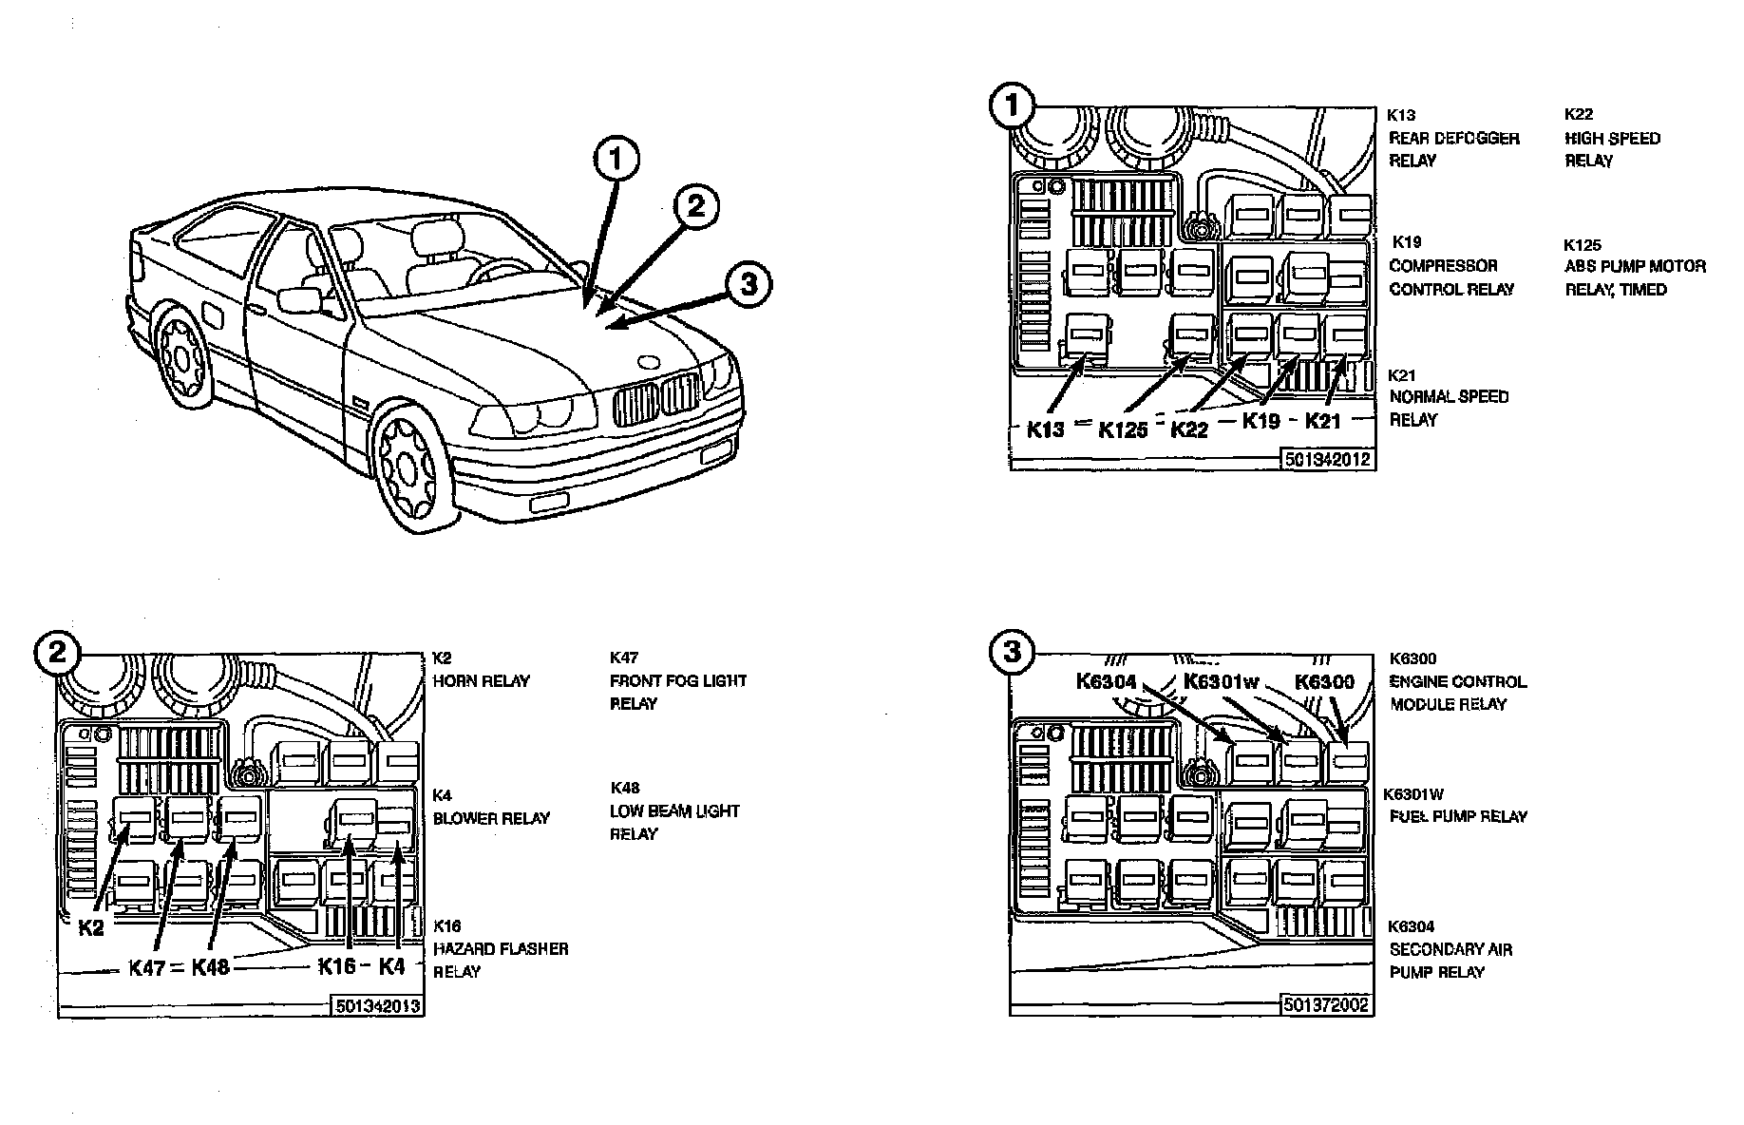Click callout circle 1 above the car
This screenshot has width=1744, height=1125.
[617, 160]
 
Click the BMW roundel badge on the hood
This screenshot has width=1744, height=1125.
[648, 362]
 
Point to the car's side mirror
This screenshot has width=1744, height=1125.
[299, 301]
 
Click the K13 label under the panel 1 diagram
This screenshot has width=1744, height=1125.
[1046, 429]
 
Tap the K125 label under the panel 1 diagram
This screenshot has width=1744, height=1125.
[1123, 430]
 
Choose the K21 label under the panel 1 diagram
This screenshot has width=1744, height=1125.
[1321, 421]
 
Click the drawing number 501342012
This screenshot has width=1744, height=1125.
[1327, 460]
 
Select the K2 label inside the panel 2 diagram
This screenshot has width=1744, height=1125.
[91, 928]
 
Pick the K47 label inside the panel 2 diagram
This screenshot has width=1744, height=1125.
[147, 969]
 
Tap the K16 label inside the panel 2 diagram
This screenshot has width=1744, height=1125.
[336, 967]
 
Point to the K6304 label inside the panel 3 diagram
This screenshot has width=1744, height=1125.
[1107, 681]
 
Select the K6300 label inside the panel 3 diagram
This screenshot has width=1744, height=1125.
[1324, 681]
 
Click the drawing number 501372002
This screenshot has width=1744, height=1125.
[1327, 1004]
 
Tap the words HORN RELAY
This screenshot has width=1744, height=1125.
[481, 681]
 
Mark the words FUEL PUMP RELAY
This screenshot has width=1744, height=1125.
[1458, 816]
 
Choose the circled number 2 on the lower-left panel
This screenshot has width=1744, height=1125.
[57, 653]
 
